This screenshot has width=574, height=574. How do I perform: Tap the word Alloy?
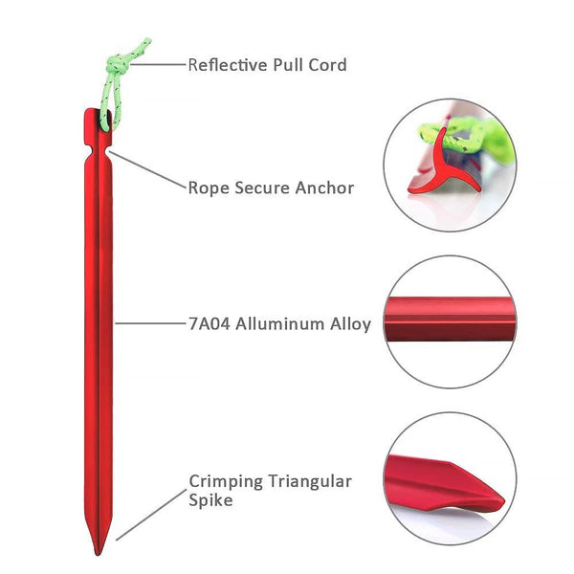(349, 323)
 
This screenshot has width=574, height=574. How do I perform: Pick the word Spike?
(210, 500)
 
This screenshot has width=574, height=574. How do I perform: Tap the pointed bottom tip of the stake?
(101, 549)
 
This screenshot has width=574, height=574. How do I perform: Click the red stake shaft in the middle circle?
(450, 320)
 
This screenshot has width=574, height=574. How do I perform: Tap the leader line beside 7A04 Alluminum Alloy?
(153, 323)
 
